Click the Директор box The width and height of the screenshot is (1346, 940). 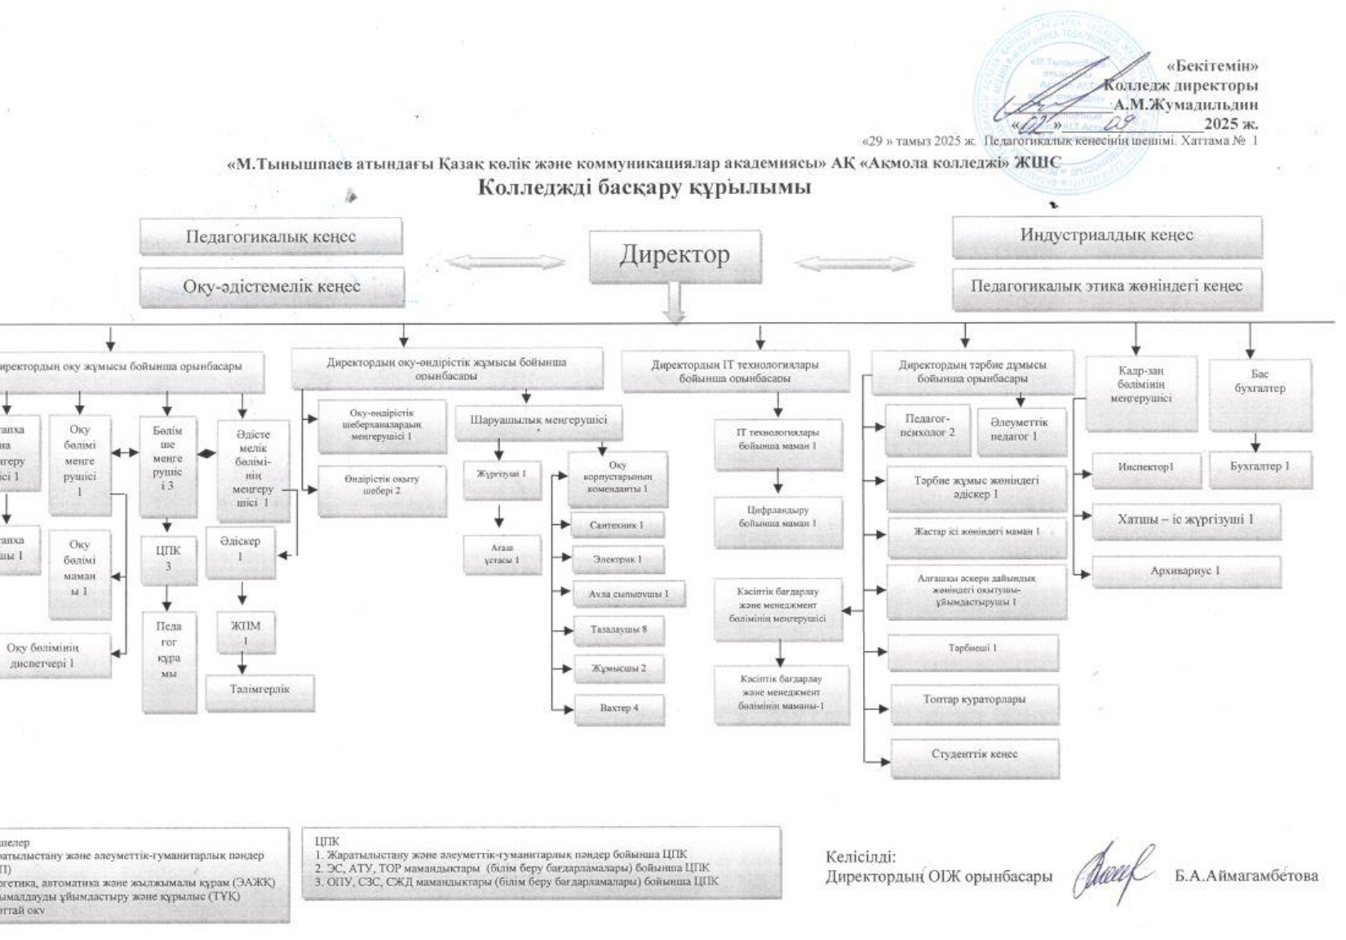pos(675,255)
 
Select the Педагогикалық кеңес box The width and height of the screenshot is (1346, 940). pos(271,237)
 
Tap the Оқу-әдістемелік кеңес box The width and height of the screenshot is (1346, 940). pos(272,287)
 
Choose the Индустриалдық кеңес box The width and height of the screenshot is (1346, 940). pos(1106,236)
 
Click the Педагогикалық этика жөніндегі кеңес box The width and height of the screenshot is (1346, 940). pos(1106,286)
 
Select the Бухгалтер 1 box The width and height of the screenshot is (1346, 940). pos(1260,467)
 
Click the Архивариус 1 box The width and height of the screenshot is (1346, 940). pos(1184,571)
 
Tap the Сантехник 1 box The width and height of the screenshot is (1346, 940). pos(616,526)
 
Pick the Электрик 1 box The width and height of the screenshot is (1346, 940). pos(617,560)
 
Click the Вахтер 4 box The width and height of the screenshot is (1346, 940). pos(618,708)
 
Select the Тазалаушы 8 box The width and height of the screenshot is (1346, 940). pos(618,630)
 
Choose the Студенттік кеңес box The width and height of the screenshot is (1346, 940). pos(974,755)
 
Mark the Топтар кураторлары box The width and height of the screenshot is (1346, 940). pos(974,699)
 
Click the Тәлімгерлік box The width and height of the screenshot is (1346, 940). pos(259,690)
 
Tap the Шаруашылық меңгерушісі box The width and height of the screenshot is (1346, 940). pos(538,421)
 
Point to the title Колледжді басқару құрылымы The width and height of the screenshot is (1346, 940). pos(644,188)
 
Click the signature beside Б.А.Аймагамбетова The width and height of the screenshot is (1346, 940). pos(1114,873)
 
